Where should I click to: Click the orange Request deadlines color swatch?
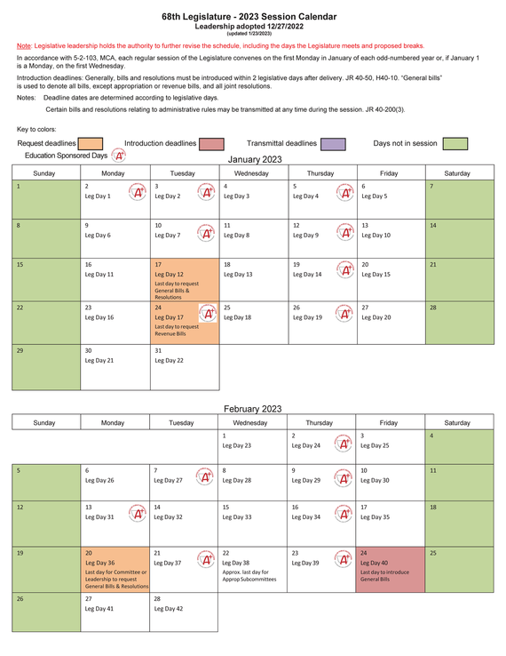tap(90, 143)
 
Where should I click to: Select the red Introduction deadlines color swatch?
tap(210, 143)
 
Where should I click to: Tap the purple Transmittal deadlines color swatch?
tap(333, 143)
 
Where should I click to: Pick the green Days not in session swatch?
tap(455, 143)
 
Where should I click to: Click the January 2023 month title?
tap(255, 159)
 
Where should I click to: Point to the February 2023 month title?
tap(252, 409)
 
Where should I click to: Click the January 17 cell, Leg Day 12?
tap(184, 279)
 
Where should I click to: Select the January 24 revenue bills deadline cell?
tap(184, 322)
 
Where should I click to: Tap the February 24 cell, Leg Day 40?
tap(390, 569)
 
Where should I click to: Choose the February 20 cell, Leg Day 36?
tap(115, 569)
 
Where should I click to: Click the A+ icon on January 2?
tap(138, 192)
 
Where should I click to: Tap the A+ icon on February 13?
tap(138, 513)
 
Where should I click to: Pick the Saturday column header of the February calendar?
tap(457, 422)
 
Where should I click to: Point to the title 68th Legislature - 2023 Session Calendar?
tap(252, 17)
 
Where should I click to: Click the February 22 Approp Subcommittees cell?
tap(252, 569)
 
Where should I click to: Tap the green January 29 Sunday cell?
tap(45, 366)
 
